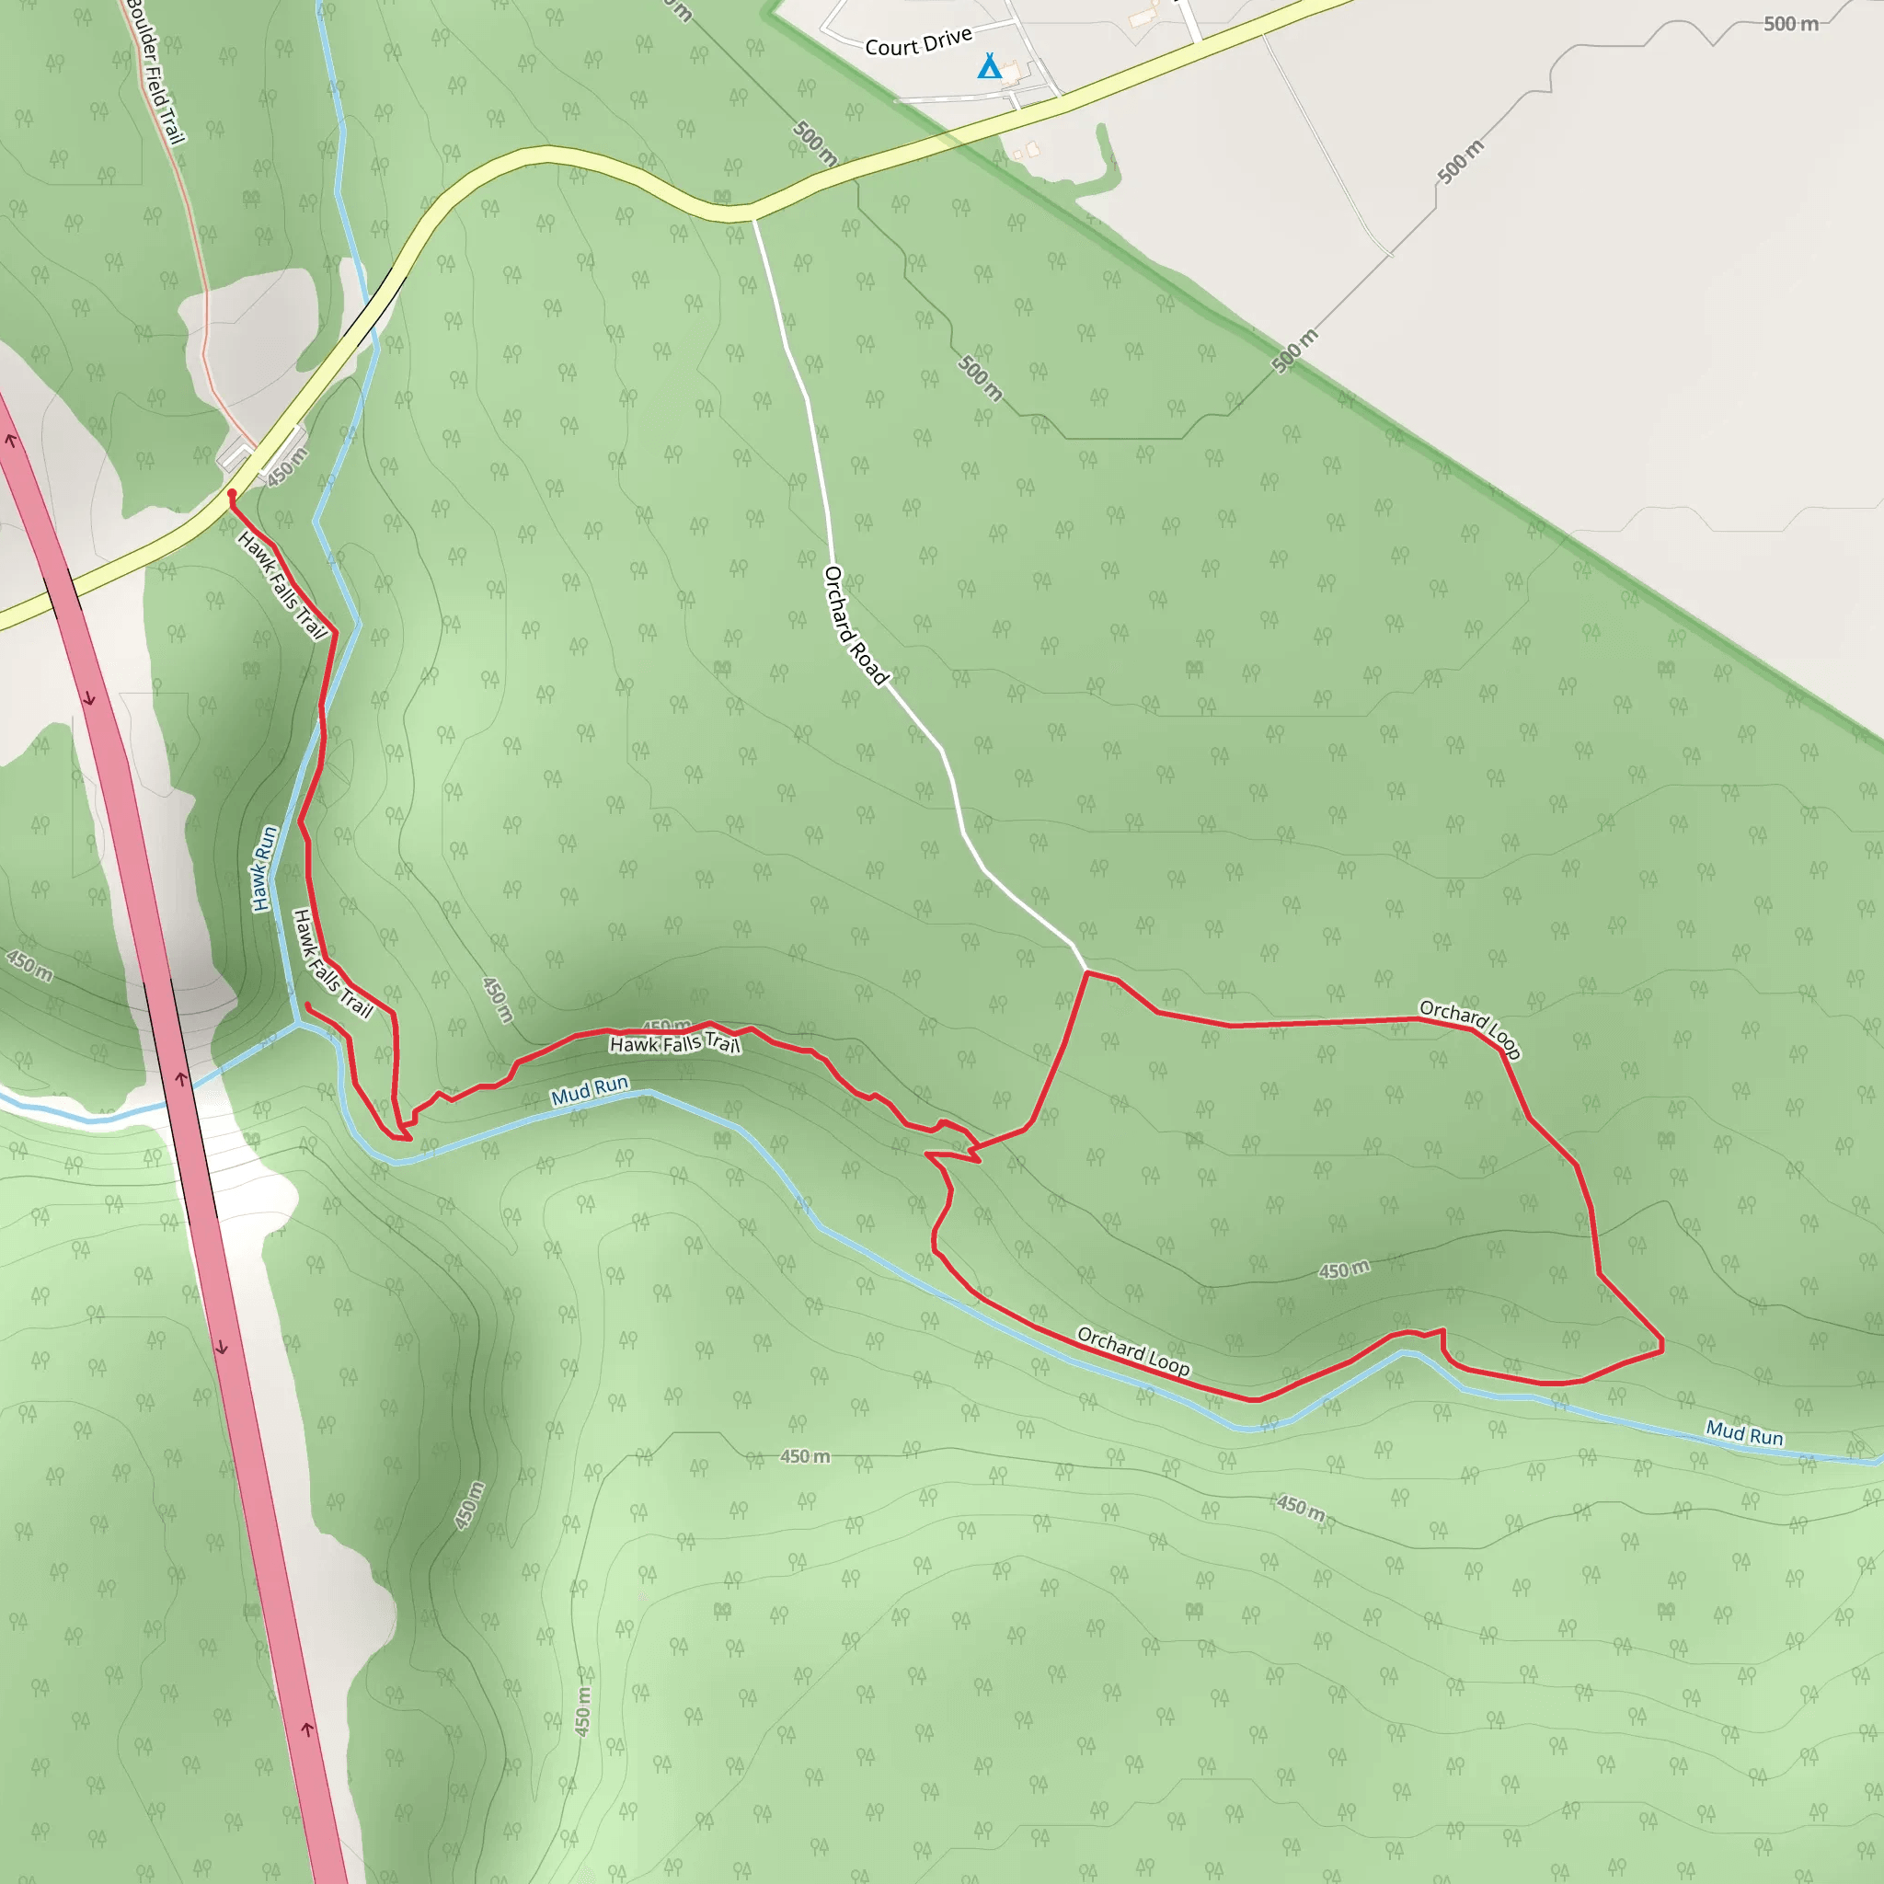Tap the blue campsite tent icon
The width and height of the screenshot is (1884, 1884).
(x=989, y=66)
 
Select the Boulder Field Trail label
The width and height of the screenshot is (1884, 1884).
(x=156, y=74)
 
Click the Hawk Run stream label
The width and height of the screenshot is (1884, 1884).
(x=264, y=868)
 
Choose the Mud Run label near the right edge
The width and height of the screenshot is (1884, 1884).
(x=1743, y=1433)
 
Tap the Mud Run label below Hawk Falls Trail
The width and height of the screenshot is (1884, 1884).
(x=590, y=1090)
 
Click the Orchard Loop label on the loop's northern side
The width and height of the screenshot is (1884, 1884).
(x=1469, y=1028)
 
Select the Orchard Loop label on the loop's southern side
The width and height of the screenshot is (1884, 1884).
(x=1133, y=1351)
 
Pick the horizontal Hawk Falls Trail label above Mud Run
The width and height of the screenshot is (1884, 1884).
(x=675, y=1044)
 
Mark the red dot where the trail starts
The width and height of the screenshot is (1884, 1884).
(x=231, y=494)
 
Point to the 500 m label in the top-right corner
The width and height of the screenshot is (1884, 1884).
(x=1790, y=23)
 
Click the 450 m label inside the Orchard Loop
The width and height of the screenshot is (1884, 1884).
(x=1344, y=1269)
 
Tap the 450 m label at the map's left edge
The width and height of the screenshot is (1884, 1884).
(x=29, y=965)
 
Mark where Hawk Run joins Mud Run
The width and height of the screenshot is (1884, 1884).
(x=297, y=1023)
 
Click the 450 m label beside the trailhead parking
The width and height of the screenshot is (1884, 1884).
(x=287, y=466)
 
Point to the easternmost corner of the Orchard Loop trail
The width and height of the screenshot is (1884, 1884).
(x=1661, y=1346)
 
